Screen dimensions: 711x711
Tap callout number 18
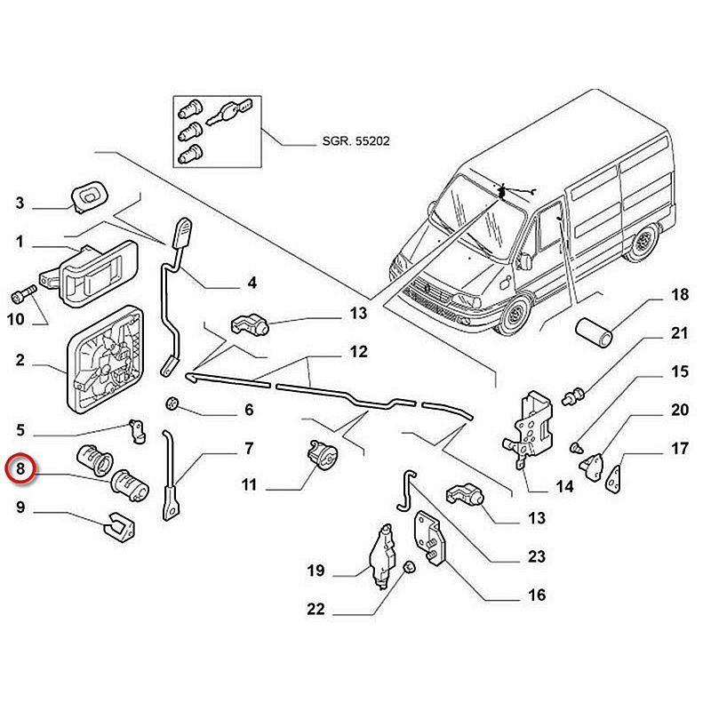click(679, 295)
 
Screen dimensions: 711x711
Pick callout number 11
click(250, 485)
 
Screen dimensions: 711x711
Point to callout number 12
click(358, 352)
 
